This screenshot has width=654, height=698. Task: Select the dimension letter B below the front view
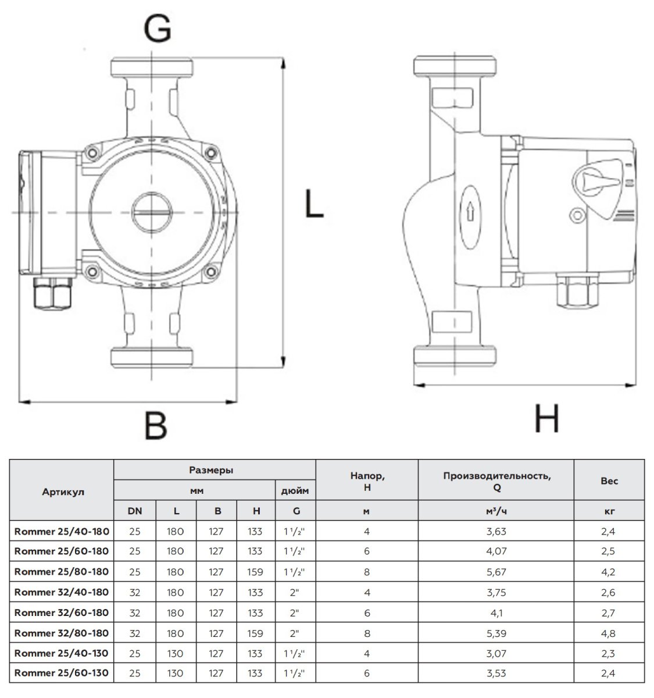[155, 425]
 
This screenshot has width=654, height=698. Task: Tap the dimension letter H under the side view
[546, 418]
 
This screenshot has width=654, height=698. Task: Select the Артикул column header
[63, 492]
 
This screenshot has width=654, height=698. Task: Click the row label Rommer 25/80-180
[62, 572]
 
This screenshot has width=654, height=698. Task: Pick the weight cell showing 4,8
[609, 633]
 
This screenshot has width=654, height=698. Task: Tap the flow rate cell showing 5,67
[496, 572]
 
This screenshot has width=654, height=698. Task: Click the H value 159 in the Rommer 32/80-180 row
[255, 633]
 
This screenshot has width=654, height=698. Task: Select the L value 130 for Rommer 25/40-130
[175, 653]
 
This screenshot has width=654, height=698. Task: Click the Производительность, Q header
[496, 481]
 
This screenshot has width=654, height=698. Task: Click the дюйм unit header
[295, 490]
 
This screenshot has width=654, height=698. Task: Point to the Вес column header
[609, 481]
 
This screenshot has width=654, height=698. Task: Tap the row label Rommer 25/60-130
[62, 673]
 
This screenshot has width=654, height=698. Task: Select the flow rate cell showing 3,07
[496, 653]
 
